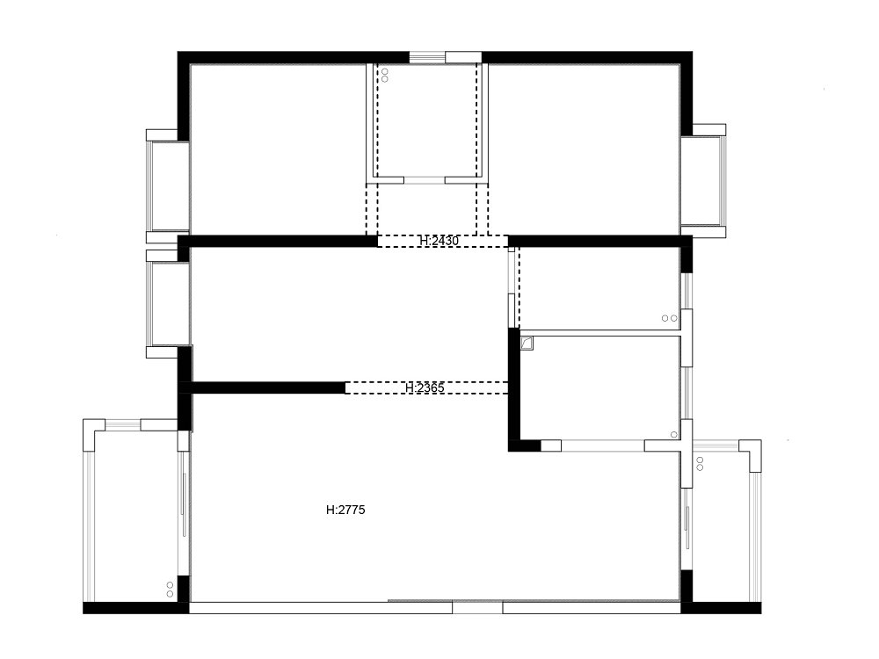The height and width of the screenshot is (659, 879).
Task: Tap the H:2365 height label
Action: click(425, 387)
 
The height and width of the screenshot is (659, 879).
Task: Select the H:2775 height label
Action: click(345, 509)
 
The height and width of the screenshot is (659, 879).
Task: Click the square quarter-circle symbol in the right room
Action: click(527, 344)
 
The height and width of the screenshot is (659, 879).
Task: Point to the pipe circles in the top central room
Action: click(384, 74)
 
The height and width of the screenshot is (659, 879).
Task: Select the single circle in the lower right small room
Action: click(673, 434)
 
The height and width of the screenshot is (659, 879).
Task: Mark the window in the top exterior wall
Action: click(427, 57)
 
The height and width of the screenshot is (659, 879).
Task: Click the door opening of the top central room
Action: click(425, 179)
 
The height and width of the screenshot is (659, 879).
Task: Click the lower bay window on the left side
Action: click(167, 303)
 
